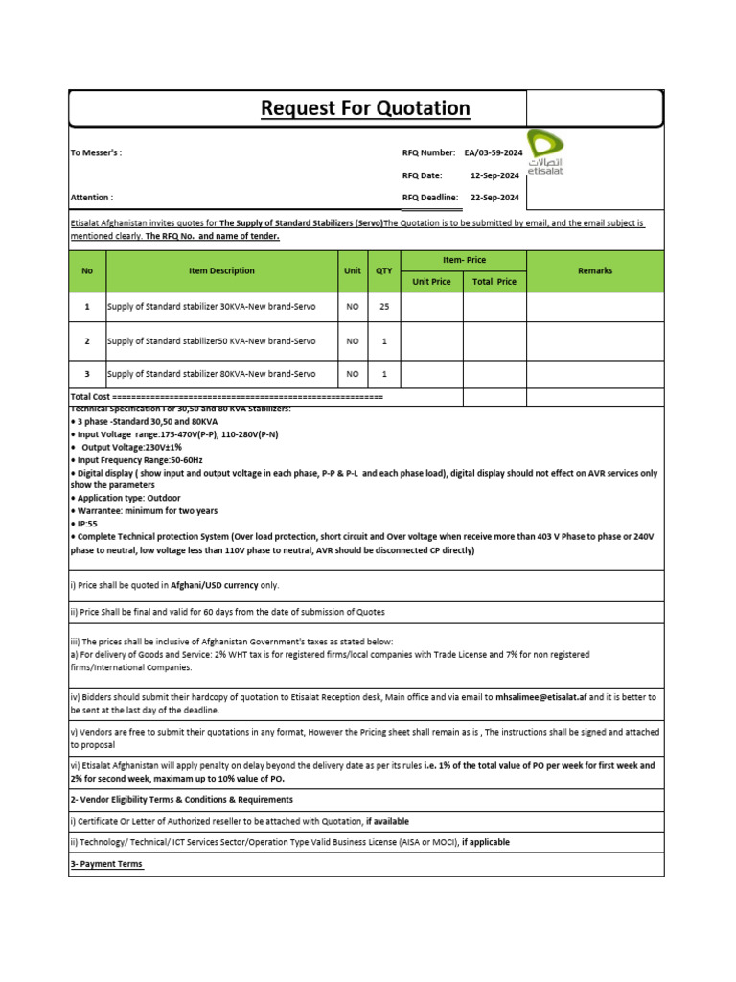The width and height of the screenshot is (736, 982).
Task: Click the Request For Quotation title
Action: [x=365, y=108]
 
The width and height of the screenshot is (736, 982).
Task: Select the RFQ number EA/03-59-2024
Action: [x=494, y=152]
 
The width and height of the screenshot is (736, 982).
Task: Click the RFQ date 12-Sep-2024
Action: [x=494, y=175]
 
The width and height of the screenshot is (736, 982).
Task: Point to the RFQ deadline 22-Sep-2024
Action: [x=494, y=198]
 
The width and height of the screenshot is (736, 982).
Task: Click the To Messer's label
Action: [x=97, y=152]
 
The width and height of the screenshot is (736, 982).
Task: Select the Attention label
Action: [x=92, y=198]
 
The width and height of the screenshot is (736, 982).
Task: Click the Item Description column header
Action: [x=221, y=271]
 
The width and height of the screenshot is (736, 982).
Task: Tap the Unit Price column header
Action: [x=431, y=282]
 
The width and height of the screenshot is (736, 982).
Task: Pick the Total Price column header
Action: [x=494, y=282]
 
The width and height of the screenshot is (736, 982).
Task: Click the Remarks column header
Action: [x=595, y=271]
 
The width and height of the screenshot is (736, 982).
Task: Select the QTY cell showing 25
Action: [x=384, y=307]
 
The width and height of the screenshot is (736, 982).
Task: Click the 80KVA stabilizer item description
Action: [x=212, y=374]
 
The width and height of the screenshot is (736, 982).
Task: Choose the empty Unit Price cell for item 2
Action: [x=431, y=341]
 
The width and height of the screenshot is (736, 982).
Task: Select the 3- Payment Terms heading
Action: [x=106, y=864]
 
